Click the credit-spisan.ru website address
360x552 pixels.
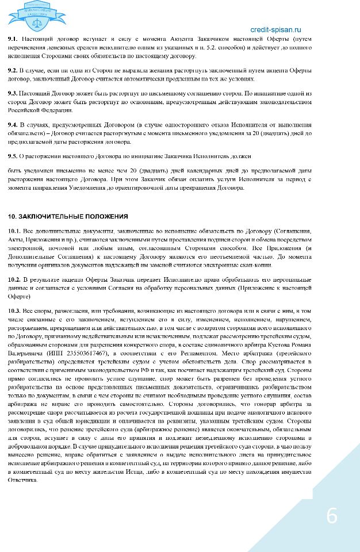275,29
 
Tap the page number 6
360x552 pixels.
332,516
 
